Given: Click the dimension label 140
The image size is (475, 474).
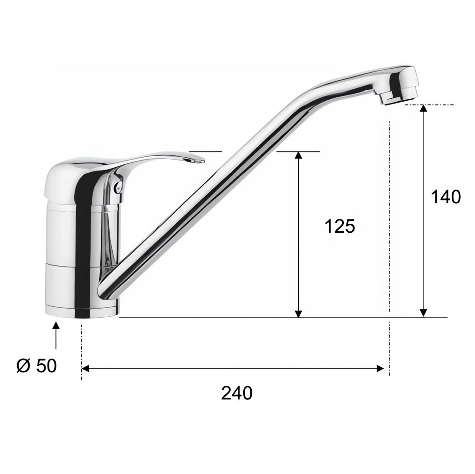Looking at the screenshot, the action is point(446,197).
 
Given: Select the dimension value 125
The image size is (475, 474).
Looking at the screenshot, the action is point(340,226).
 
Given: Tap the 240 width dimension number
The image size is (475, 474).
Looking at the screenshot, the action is point(237,393).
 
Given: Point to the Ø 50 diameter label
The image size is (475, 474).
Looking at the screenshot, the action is point(37,366).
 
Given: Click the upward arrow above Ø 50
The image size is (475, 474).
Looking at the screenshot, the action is point(56,336).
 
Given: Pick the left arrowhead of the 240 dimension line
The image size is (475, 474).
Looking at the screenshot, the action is point(85,368).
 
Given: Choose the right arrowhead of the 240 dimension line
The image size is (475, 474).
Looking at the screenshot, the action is point(380,368).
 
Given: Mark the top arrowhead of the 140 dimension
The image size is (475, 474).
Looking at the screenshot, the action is point(423,108).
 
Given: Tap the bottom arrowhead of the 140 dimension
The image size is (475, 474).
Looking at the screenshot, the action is point(423,313).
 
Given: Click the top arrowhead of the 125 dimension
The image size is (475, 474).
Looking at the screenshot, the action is point(299,155).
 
